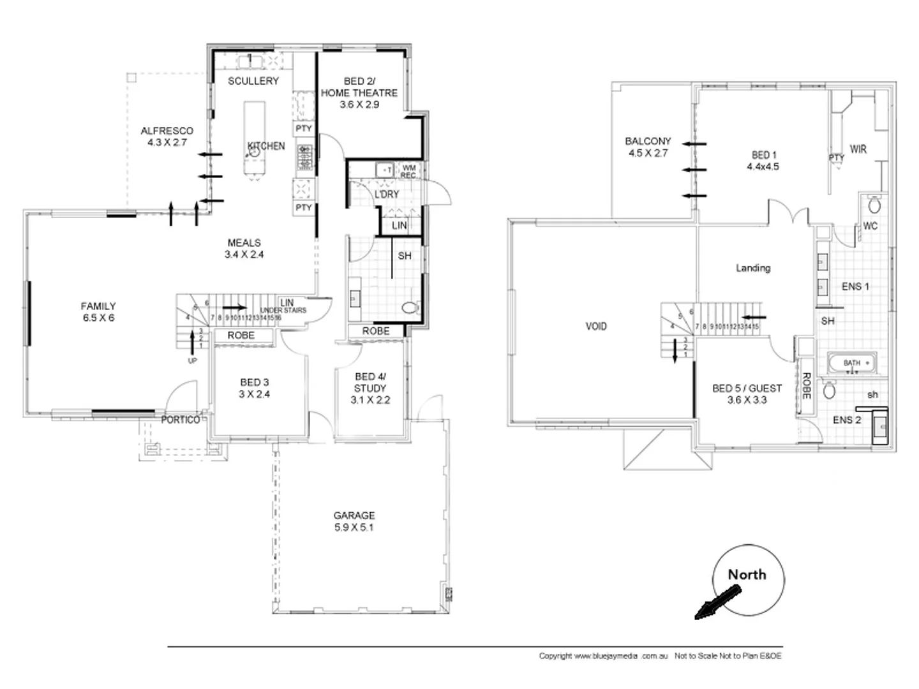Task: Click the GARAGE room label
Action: pos(354,515)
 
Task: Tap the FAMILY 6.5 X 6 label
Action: pos(98,312)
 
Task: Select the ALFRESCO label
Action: pos(167,131)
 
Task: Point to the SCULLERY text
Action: pos(253,81)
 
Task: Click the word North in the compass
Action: pos(747,574)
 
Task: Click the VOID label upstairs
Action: pos(596,327)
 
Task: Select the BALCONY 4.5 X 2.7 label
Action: pos(648,147)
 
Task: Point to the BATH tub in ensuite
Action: pos(852,363)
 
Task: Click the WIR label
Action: pos(858,149)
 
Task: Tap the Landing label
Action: pos(753,268)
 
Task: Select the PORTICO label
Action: pos(180,420)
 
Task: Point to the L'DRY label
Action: pos(386,194)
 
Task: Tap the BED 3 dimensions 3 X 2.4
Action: pos(254,394)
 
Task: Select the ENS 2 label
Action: pos(847,420)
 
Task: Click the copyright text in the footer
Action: pos(603,656)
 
